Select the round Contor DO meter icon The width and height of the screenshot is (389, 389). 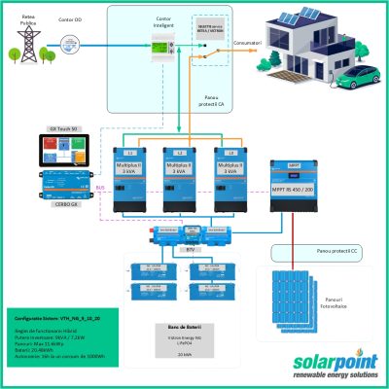click(x=68, y=42)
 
